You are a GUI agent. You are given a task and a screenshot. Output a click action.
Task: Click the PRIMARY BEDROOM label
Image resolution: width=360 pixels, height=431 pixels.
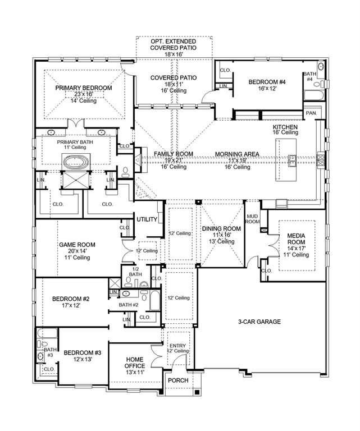pyautogui.click(x=83, y=88)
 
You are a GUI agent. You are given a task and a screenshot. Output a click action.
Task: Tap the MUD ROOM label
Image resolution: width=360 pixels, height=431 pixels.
pyautogui.click(x=253, y=218)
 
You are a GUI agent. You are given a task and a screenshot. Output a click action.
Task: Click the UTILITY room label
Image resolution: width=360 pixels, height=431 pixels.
pyautogui.click(x=147, y=219)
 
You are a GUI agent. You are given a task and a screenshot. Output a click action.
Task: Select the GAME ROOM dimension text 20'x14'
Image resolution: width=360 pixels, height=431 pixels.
pyautogui.click(x=78, y=251)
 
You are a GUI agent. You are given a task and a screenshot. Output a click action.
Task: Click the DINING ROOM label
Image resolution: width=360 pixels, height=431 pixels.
pyautogui.click(x=221, y=228)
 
